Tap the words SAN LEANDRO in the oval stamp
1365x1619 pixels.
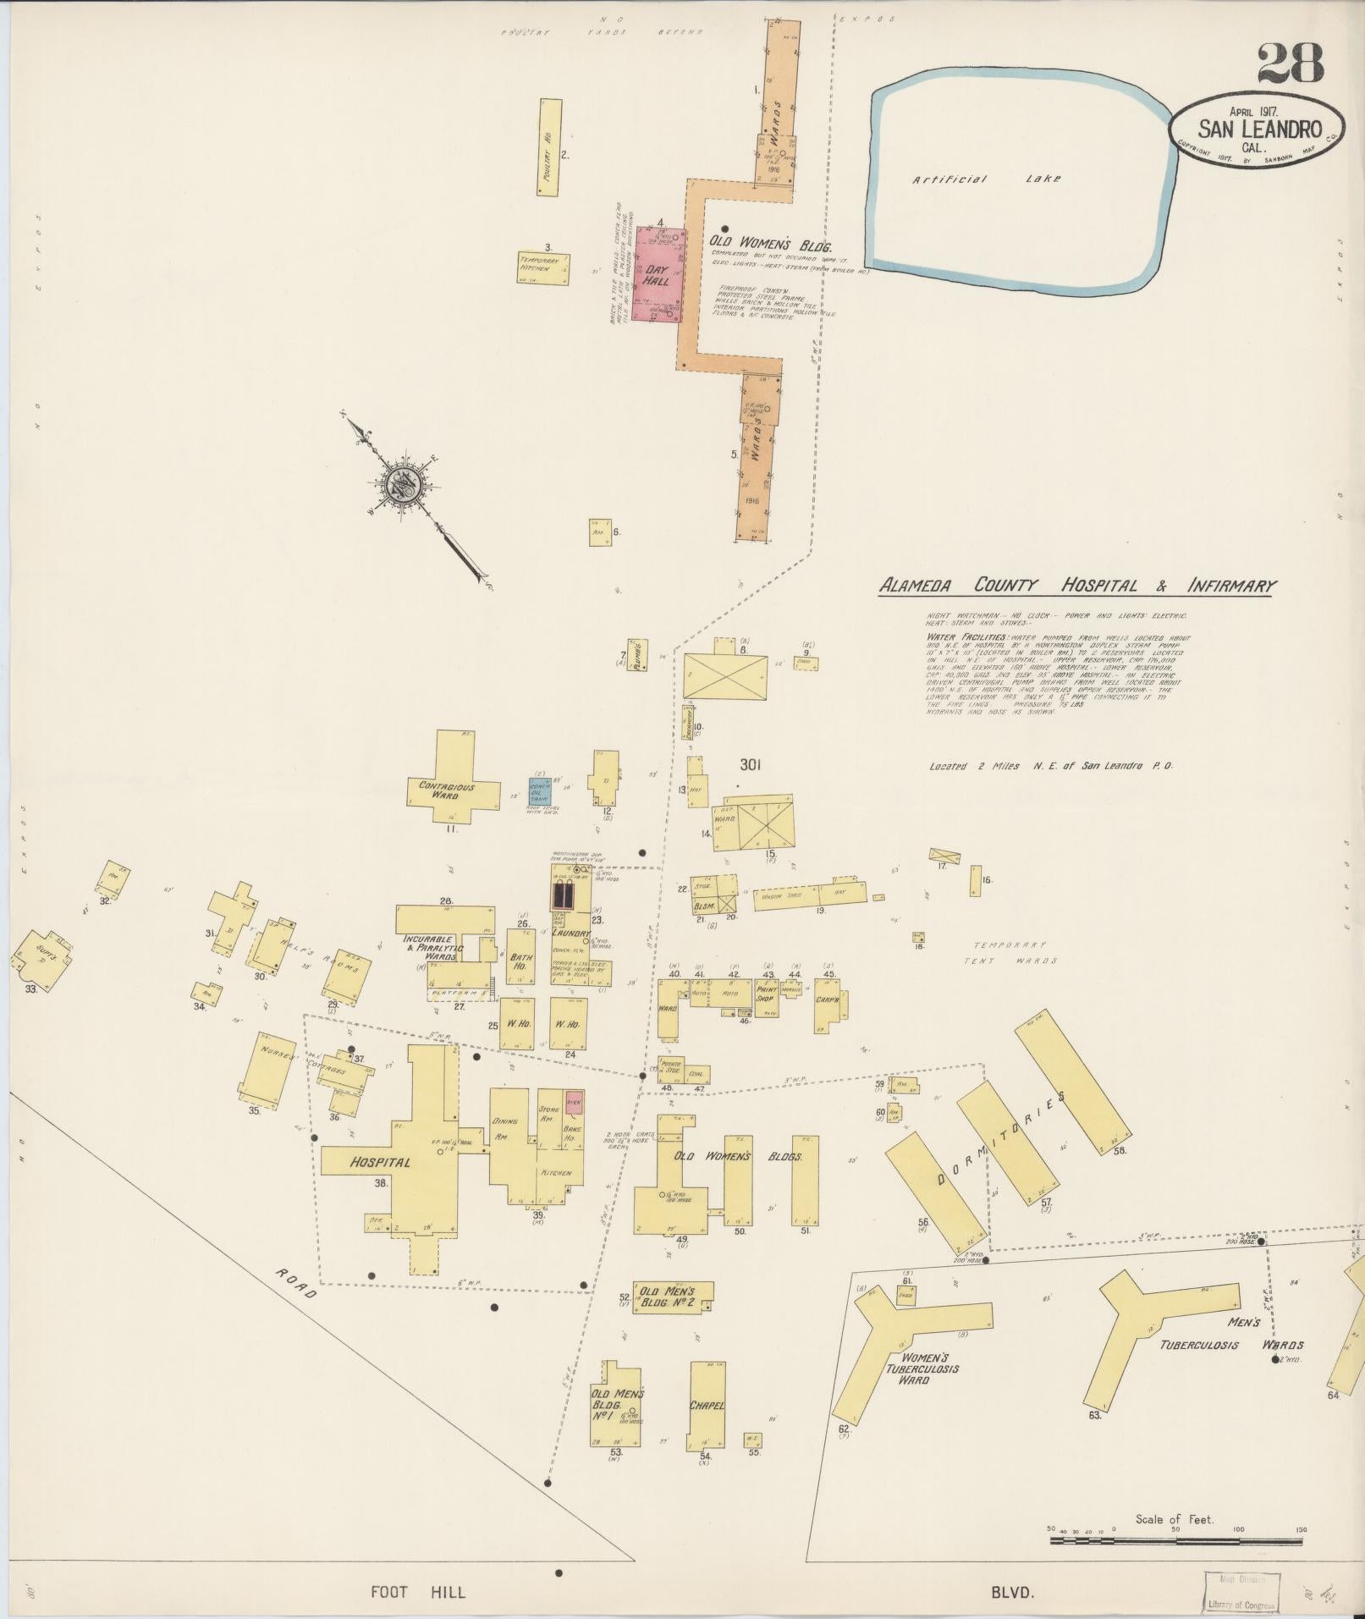pos(1259,129)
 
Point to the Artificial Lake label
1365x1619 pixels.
pos(986,179)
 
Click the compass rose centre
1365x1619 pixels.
pos(399,486)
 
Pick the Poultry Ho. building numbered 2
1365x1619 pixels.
pos(549,147)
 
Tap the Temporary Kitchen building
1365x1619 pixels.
pos(543,266)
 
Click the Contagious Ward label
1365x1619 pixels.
pos(447,790)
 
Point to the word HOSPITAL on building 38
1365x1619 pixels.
pos(380,1162)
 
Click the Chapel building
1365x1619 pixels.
pos(707,1405)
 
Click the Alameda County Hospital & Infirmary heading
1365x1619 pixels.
pos(1077,586)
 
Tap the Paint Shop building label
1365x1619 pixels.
pos(767,992)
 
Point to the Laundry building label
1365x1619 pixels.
pos(570,932)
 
